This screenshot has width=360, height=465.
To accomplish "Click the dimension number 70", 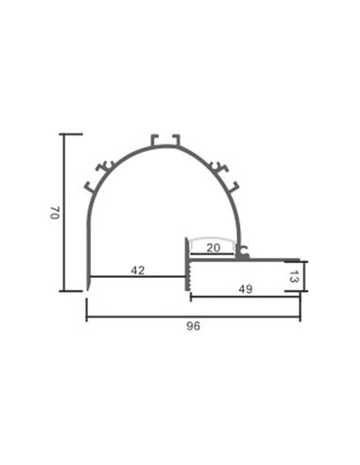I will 55,214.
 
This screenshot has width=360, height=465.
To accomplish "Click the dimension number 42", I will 138,270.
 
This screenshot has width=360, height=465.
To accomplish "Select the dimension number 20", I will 214,250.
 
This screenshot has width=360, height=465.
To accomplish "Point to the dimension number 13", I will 294,277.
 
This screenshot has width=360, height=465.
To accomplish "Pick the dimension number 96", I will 194,326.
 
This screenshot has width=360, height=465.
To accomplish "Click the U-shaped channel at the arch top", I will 164,142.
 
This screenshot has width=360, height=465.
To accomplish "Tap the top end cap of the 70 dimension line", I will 71,134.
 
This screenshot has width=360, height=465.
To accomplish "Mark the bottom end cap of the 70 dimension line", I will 71,291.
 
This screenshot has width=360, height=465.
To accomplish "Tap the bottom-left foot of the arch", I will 89,284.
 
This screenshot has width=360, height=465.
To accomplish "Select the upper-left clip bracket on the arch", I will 107,167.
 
